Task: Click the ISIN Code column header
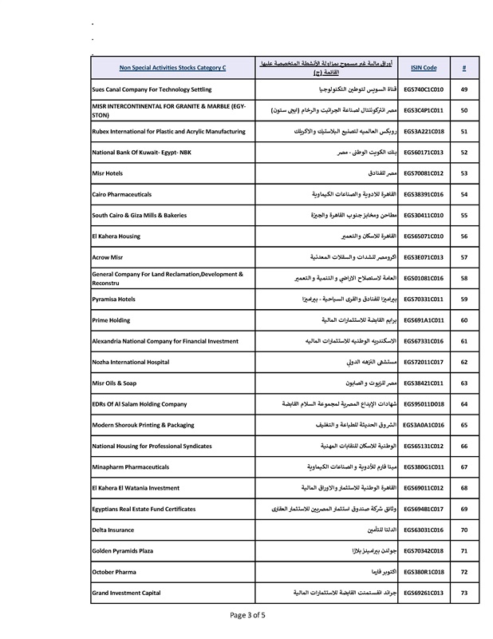424,68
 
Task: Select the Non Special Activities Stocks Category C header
172,68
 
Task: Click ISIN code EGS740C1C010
424,89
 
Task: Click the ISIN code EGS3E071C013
424,257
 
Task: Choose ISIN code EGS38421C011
424,383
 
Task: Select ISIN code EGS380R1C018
424,571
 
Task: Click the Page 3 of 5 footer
247,615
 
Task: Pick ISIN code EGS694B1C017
424,508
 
